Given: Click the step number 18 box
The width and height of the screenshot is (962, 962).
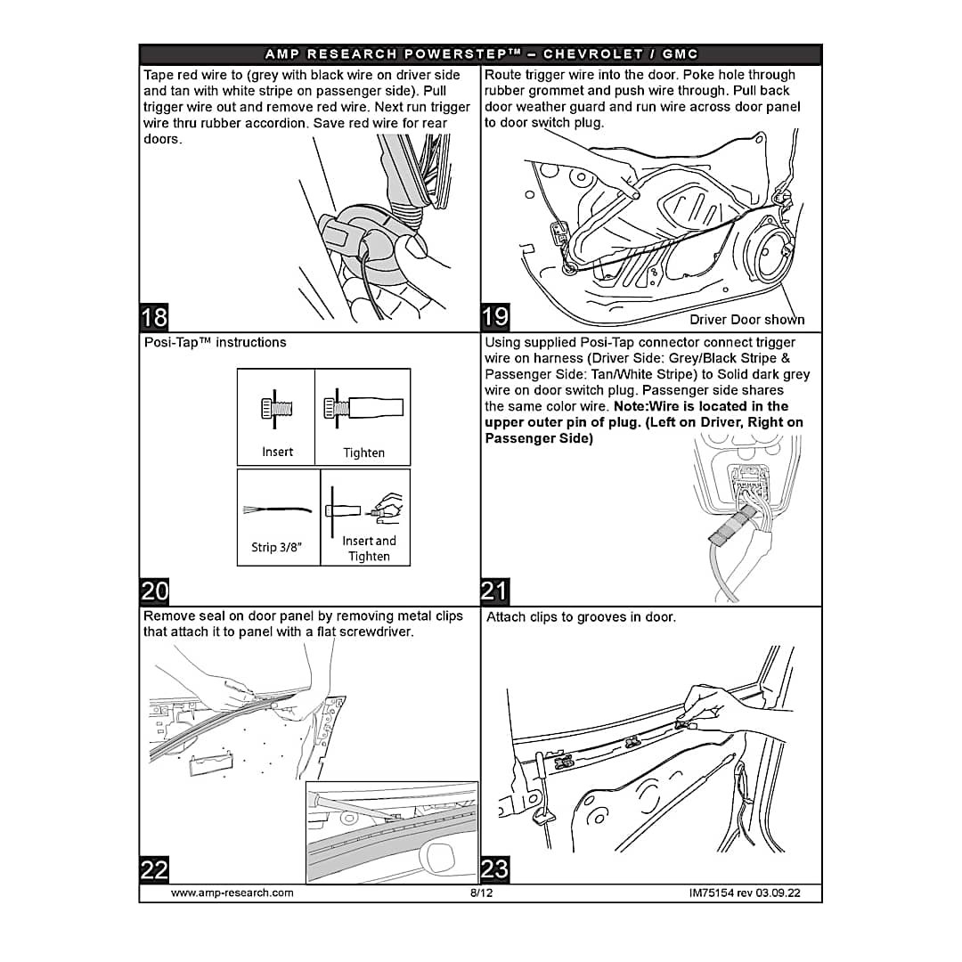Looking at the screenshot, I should coord(153,317).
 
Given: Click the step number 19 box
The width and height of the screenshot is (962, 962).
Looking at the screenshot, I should coord(495,317).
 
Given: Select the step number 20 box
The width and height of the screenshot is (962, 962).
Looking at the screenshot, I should coord(153,591).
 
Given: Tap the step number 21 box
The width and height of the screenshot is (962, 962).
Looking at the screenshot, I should coord(495,591).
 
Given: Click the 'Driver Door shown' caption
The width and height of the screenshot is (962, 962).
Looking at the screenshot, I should coord(746,320).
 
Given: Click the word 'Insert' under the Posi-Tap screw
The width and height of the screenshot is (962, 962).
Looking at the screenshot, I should coord(277,452).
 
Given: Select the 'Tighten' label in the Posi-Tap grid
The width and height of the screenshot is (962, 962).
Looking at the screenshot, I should coord(363,452).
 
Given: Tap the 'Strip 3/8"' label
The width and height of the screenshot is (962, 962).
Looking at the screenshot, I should coord(276,547).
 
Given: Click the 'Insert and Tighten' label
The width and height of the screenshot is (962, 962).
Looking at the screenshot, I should coord(369,549).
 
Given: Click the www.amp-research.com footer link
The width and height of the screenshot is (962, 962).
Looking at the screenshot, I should coord(232,893).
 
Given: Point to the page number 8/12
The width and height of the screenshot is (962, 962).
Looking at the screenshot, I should coord(481,893).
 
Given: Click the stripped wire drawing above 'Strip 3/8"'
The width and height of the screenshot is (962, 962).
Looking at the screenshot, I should coord(276,511).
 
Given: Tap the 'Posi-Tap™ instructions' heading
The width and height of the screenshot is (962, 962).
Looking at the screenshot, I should coord(215,343).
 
